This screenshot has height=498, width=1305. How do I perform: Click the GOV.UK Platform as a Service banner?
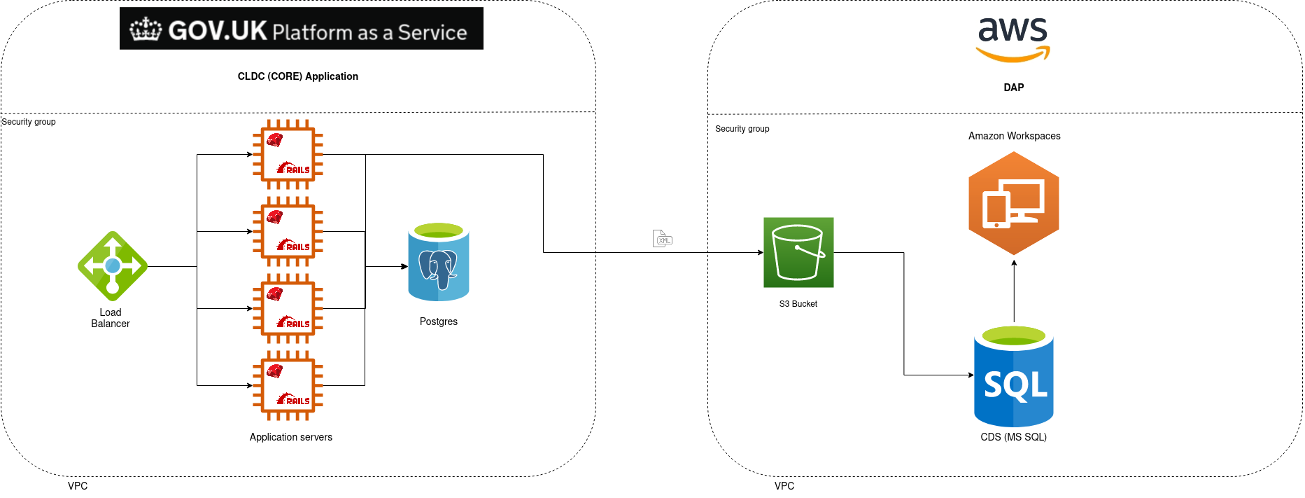click(x=302, y=29)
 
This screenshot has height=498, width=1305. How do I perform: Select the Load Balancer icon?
click(x=113, y=266)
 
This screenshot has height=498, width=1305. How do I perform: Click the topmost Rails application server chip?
click(x=288, y=155)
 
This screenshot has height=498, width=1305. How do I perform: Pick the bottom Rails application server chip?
click(x=288, y=386)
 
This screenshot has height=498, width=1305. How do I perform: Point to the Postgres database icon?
click(x=439, y=262)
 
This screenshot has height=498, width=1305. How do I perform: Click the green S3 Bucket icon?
click(x=798, y=252)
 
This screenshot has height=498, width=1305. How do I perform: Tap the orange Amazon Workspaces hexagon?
click(x=1014, y=203)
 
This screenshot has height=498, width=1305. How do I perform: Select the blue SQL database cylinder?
click(x=1014, y=376)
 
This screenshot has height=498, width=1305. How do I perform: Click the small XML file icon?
click(x=662, y=239)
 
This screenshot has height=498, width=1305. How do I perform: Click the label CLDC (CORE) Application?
click(x=298, y=76)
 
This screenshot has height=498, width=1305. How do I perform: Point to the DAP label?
click(x=1014, y=88)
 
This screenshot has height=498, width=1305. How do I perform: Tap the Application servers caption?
click(x=291, y=437)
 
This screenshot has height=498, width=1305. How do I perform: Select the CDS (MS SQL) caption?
click(x=1014, y=437)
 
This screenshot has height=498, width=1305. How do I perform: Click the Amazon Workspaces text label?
click(x=1015, y=136)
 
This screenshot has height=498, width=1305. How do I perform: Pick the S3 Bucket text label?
click(x=798, y=304)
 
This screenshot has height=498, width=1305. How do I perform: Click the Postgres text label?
click(x=439, y=321)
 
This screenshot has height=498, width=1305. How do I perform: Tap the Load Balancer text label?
click(x=111, y=318)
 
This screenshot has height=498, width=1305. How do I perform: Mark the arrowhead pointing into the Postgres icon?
click(x=404, y=266)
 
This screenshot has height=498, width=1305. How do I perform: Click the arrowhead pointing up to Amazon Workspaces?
click(x=1014, y=263)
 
